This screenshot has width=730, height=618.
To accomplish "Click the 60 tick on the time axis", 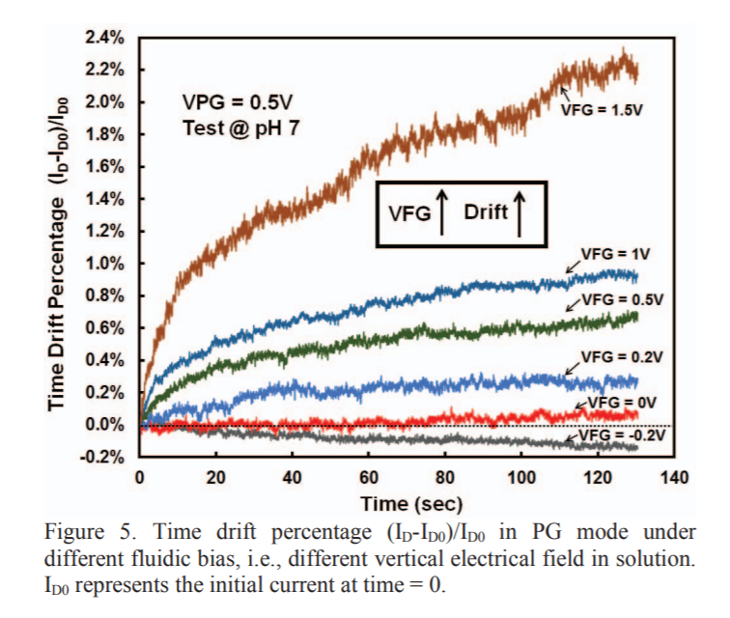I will coord(368,477).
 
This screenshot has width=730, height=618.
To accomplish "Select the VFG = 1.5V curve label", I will coord(602,110).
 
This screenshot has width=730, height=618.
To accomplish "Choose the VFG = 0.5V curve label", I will coord(624,298).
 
